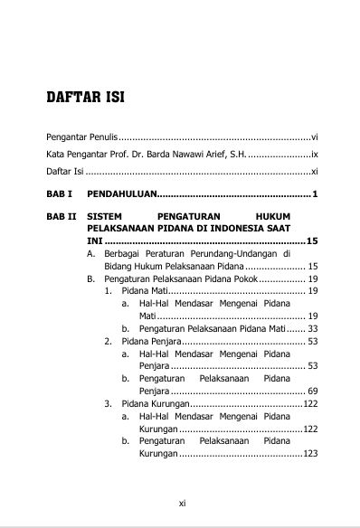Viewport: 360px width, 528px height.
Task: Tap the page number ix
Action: pyautogui.click(x=313, y=154)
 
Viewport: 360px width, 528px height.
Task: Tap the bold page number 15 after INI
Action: pyautogui.click(x=312, y=242)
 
